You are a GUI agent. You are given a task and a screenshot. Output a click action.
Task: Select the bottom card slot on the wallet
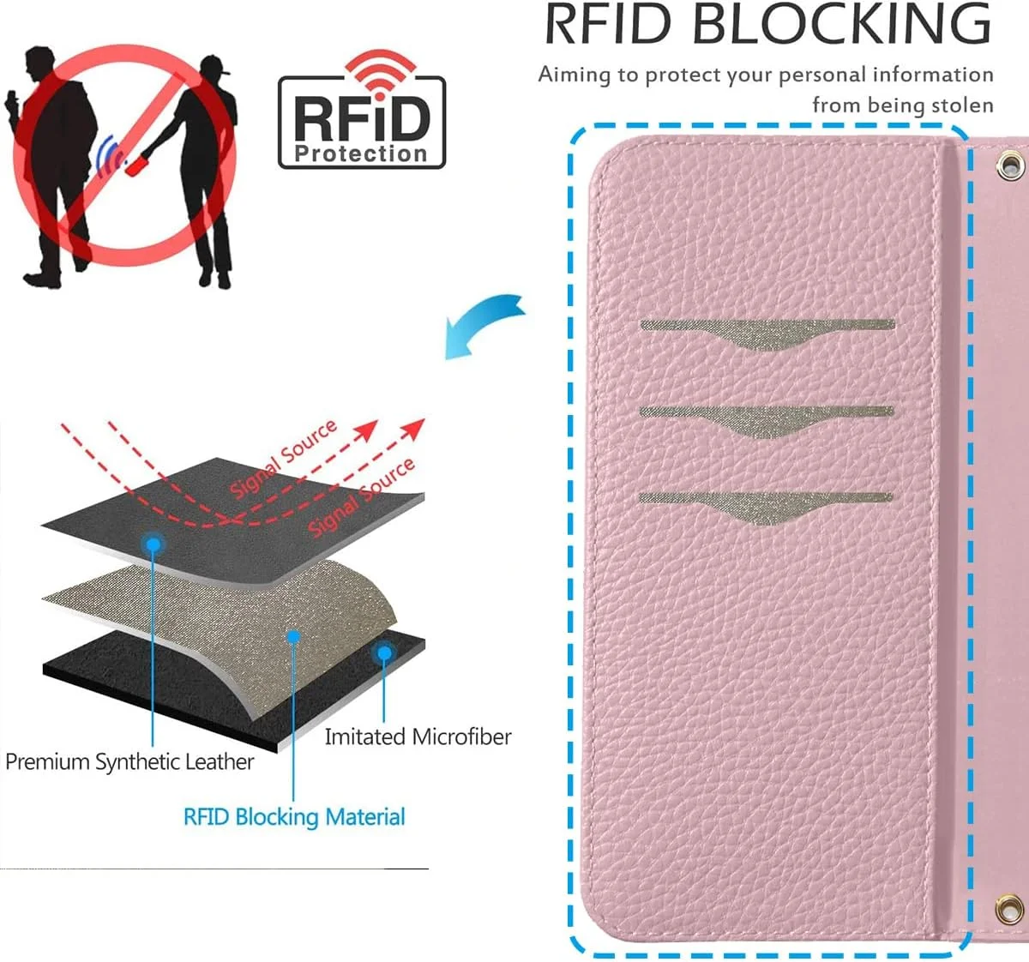pos(765,504)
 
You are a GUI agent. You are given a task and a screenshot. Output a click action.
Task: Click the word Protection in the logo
pos(361,154)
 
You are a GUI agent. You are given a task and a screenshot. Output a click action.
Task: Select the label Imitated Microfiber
pos(418,737)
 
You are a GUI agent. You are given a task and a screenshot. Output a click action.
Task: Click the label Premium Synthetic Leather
pos(129,761)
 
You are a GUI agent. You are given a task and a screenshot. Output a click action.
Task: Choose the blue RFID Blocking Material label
pos(294,816)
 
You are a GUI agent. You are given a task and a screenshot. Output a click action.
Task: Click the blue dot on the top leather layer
pos(153,544)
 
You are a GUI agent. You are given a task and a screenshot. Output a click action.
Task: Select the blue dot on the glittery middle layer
pos(293,637)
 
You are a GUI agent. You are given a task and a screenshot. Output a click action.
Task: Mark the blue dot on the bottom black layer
pos(384,653)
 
